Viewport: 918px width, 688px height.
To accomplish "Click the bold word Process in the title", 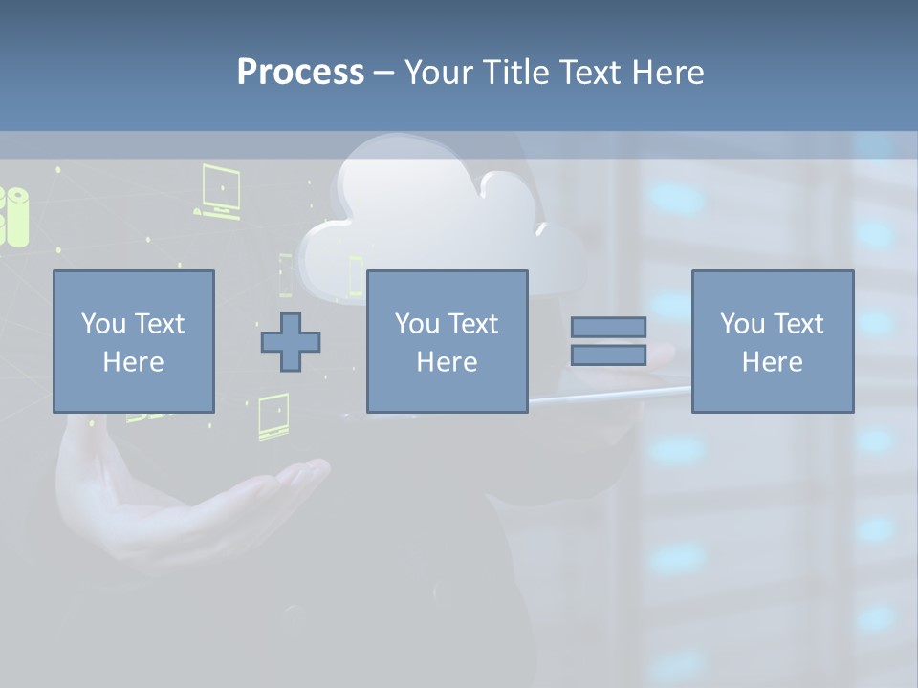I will pyautogui.click(x=300, y=73).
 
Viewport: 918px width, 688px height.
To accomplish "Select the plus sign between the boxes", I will pyautogui.click(x=291, y=342).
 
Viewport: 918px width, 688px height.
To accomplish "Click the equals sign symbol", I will pyautogui.click(x=608, y=341).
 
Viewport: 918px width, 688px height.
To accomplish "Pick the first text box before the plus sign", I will pyautogui.click(x=133, y=341).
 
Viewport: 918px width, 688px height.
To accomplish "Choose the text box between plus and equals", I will pyautogui.click(x=447, y=341).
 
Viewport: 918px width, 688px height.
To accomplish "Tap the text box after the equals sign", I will pyautogui.click(x=772, y=341).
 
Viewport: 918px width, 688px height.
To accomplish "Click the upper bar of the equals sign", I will pyautogui.click(x=608, y=327).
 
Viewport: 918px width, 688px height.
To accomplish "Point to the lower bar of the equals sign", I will pyautogui.click(x=608, y=355).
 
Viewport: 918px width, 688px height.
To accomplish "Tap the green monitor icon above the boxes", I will pyautogui.click(x=220, y=191).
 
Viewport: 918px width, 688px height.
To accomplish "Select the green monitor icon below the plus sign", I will pyautogui.click(x=273, y=419).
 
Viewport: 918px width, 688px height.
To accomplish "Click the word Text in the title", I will pyautogui.click(x=589, y=73).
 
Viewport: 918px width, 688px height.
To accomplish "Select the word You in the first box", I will pyautogui.click(x=101, y=324).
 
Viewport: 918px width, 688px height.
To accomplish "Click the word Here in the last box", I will pyautogui.click(x=772, y=362).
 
